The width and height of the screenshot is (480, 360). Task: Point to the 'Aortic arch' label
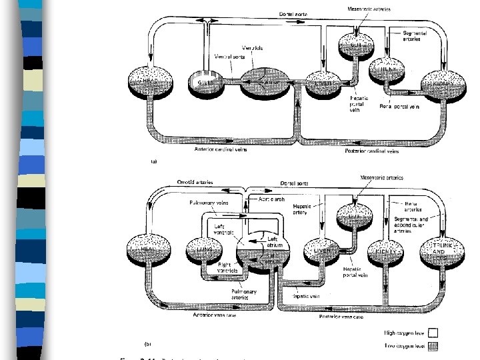271,199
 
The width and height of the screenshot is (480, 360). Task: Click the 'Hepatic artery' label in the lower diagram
307,209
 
